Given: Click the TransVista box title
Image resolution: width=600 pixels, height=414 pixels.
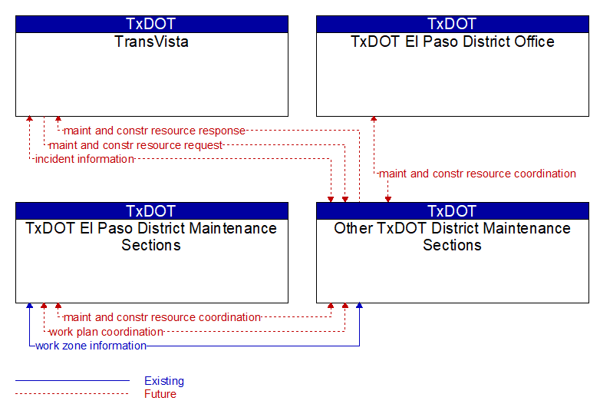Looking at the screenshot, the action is tap(151, 41).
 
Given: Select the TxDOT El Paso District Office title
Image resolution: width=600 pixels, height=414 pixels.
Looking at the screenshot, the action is tap(452, 41).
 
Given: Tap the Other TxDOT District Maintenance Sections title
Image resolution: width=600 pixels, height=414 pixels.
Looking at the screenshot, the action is tap(452, 237).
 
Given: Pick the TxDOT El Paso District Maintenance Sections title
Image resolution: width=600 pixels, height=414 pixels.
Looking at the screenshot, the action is tap(151, 237).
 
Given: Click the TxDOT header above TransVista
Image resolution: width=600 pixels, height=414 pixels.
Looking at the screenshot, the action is tap(151, 24).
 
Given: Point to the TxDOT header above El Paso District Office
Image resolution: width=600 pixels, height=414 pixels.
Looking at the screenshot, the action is tap(452, 24).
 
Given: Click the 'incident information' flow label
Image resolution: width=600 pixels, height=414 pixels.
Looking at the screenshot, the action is tap(84, 159).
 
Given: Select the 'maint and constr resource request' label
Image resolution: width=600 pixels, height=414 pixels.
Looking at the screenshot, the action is tap(136, 145).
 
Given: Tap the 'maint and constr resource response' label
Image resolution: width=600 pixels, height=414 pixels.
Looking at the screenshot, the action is tap(154, 131).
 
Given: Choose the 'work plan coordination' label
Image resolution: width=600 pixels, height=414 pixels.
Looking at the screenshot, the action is tap(107, 332).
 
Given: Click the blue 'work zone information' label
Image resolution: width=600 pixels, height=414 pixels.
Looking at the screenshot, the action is tap(91, 346).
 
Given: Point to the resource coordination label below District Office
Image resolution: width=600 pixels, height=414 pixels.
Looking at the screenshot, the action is tap(477, 174).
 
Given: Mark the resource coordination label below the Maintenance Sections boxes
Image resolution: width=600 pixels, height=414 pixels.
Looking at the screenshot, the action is tap(162, 317).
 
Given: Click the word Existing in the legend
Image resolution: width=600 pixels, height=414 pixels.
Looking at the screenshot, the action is tap(164, 381).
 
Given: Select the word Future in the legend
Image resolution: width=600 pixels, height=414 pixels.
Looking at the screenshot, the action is tap(160, 394).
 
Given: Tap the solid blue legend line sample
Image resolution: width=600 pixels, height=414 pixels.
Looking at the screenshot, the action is tap(72, 381).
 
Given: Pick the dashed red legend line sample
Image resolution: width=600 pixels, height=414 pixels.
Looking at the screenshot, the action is tap(72, 394).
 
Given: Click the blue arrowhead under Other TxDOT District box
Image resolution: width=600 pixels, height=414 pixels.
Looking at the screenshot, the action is tap(359, 306).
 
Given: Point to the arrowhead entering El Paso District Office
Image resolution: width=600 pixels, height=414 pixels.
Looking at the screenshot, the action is tap(374, 119).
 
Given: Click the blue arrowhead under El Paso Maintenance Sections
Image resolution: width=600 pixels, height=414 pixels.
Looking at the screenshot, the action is tap(29, 306).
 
